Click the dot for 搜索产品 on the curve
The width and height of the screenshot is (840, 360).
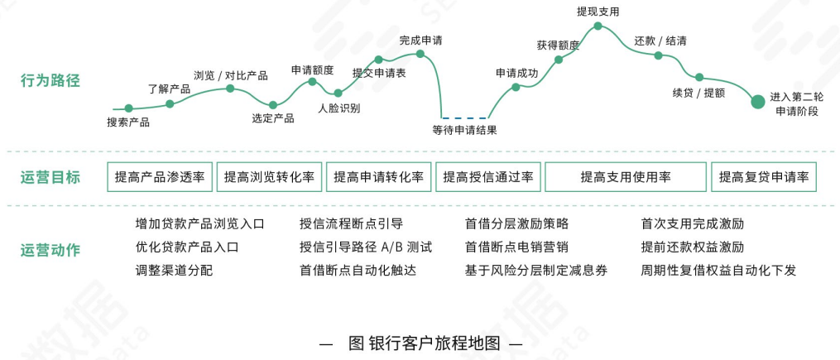pos(128,108)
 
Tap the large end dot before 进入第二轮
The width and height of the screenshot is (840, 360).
pos(757,102)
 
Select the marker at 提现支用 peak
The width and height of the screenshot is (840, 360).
pos(598,26)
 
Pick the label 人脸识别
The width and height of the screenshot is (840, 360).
pos(339,108)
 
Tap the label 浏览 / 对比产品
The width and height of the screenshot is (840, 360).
pos(230,75)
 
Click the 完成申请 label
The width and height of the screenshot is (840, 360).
pos(420,40)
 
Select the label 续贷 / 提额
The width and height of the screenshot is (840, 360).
pos(698,93)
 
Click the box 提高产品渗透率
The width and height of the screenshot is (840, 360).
pos(160,176)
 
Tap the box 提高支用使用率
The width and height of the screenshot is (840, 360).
pos(626,176)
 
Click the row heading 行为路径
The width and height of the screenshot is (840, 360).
pos(50,81)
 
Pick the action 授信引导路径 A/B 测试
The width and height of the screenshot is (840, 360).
pos(366,247)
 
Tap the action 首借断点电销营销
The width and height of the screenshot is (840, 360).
pos(516,247)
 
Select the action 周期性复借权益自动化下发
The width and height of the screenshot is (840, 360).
pos(718,270)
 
